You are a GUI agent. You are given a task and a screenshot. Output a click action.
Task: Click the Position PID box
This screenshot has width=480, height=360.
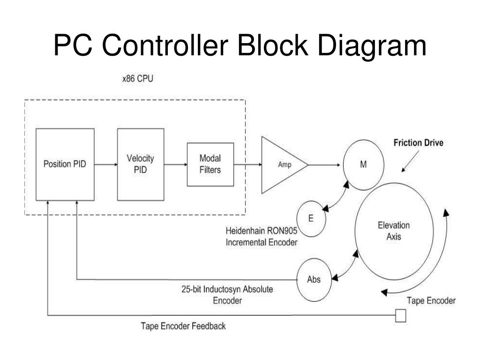[x=65, y=165]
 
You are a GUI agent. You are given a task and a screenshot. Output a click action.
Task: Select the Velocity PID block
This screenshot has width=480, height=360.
[x=141, y=165]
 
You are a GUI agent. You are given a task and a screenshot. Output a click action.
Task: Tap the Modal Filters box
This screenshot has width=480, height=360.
[x=210, y=165]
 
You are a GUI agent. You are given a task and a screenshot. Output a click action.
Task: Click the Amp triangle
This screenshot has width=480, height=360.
[x=285, y=165]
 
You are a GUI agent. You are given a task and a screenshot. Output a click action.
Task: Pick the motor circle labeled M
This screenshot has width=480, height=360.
[x=363, y=165]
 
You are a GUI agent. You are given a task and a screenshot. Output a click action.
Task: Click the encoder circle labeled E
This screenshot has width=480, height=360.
[x=311, y=218]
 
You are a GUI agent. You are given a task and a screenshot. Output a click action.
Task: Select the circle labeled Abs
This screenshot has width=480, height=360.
[x=314, y=280]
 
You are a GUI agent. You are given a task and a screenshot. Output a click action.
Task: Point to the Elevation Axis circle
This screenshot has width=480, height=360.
[x=394, y=231]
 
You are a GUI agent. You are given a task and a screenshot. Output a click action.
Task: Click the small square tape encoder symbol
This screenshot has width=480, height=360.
[x=400, y=315]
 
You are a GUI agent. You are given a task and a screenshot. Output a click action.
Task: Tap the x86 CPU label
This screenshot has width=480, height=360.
[x=138, y=79]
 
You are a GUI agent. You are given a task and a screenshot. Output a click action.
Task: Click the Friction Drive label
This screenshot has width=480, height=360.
[x=419, y=142]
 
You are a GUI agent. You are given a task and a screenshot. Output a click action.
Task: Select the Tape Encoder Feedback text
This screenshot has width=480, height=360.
[x=183, y=326]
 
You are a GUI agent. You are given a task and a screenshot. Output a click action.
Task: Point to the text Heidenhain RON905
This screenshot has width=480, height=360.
[x=262, y=231]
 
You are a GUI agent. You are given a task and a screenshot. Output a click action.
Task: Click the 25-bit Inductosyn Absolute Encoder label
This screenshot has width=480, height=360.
[x=227, y=295]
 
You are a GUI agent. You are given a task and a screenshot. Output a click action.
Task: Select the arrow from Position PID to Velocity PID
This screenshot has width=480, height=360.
[x=106, y=165]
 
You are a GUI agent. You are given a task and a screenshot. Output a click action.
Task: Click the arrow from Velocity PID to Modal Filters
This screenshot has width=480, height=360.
[x=176, y=165]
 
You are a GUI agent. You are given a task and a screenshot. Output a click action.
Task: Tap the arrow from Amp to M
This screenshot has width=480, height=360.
[x=324, y=165]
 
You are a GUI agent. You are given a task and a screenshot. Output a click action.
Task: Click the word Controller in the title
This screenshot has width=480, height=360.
[x=165, y=45]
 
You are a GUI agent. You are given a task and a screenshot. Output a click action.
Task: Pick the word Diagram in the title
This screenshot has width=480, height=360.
[x=372, y=46]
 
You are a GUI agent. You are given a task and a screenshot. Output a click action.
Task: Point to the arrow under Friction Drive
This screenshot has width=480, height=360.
[x=410, y=161]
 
